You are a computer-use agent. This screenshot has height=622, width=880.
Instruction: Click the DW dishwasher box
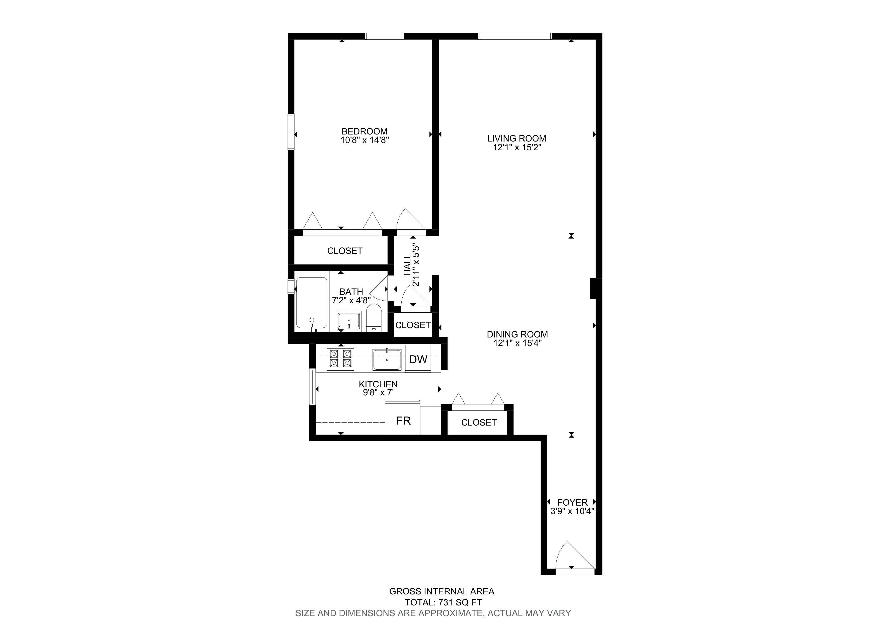418,359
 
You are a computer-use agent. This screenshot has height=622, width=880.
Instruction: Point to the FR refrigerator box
403,421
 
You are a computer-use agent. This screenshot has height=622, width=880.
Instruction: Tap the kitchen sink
387,360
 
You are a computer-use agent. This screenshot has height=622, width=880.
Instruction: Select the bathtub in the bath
312,303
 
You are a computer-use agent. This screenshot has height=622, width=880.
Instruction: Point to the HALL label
408,266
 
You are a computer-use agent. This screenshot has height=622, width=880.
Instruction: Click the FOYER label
572,502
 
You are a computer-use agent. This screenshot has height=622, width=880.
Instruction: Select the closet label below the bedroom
345,251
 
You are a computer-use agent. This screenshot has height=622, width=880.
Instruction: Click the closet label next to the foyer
479,422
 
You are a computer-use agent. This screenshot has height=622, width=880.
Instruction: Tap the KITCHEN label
378,384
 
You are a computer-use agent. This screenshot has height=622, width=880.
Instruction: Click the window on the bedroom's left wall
291,131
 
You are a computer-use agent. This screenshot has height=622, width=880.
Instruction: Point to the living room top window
515,36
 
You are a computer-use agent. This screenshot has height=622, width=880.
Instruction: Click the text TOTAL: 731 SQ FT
443,602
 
